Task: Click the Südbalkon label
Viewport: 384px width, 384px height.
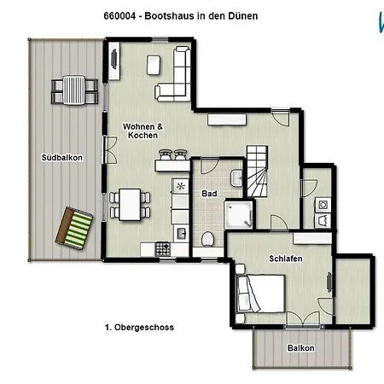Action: click(x=62, y=158)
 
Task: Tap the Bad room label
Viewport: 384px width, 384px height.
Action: click(x=209, y=194)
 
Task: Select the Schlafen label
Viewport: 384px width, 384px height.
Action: click(x=286, y=259)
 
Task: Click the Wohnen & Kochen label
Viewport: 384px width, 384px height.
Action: click(x=143, y=131)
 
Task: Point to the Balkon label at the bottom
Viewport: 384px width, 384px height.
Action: click(x=301, y=348)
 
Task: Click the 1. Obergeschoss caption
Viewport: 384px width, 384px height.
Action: click(x=139, y=328)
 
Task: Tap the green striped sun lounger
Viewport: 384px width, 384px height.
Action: click(x=74, y=229)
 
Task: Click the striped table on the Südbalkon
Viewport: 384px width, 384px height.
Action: click(x=74, y=90)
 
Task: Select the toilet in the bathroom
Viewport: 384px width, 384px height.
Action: click(x=208, y=239)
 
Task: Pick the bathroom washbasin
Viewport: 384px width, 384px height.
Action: click(x=236, y=178)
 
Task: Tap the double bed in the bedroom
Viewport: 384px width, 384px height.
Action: click(x=261, y=294)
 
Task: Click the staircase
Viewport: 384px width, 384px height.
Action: click(x=257, y=172)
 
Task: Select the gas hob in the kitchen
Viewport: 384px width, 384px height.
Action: click(x=163, y=249)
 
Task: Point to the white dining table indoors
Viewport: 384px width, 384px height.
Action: click(x=130, y=205)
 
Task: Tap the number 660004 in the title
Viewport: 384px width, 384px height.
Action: click(x=119, y=16)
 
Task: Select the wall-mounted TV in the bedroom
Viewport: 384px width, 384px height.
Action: click(x=329, y=282)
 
